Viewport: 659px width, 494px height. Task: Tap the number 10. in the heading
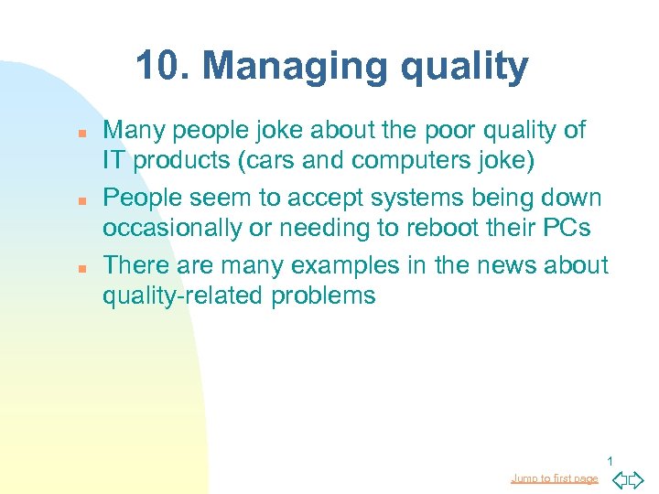(x=164, y=66)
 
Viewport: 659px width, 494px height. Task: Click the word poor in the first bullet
(x=438, y=131)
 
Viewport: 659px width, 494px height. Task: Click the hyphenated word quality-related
(x=178, y=295)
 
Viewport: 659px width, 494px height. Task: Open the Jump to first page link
(x=555, y=478)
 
